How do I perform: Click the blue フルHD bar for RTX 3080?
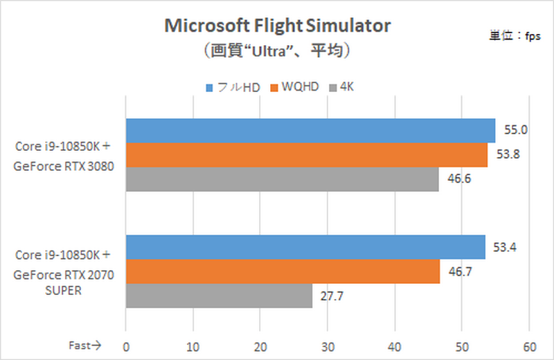pos(310,131)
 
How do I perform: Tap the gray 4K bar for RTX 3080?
pos(282,179)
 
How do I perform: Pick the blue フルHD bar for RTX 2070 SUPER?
pos(305,247)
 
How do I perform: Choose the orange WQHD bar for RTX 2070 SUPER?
pos(283,271)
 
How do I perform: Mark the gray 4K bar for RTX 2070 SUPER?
pos(219,295)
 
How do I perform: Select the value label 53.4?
pos(503,246)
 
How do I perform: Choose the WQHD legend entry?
pos(299,87)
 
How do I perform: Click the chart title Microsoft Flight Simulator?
pos(277,26)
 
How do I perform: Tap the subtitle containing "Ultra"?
pos(277,51)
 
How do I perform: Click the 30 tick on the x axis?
pos(328,346)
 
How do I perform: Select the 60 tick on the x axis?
pos(529,346)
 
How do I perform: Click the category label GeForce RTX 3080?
pos(63,165)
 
